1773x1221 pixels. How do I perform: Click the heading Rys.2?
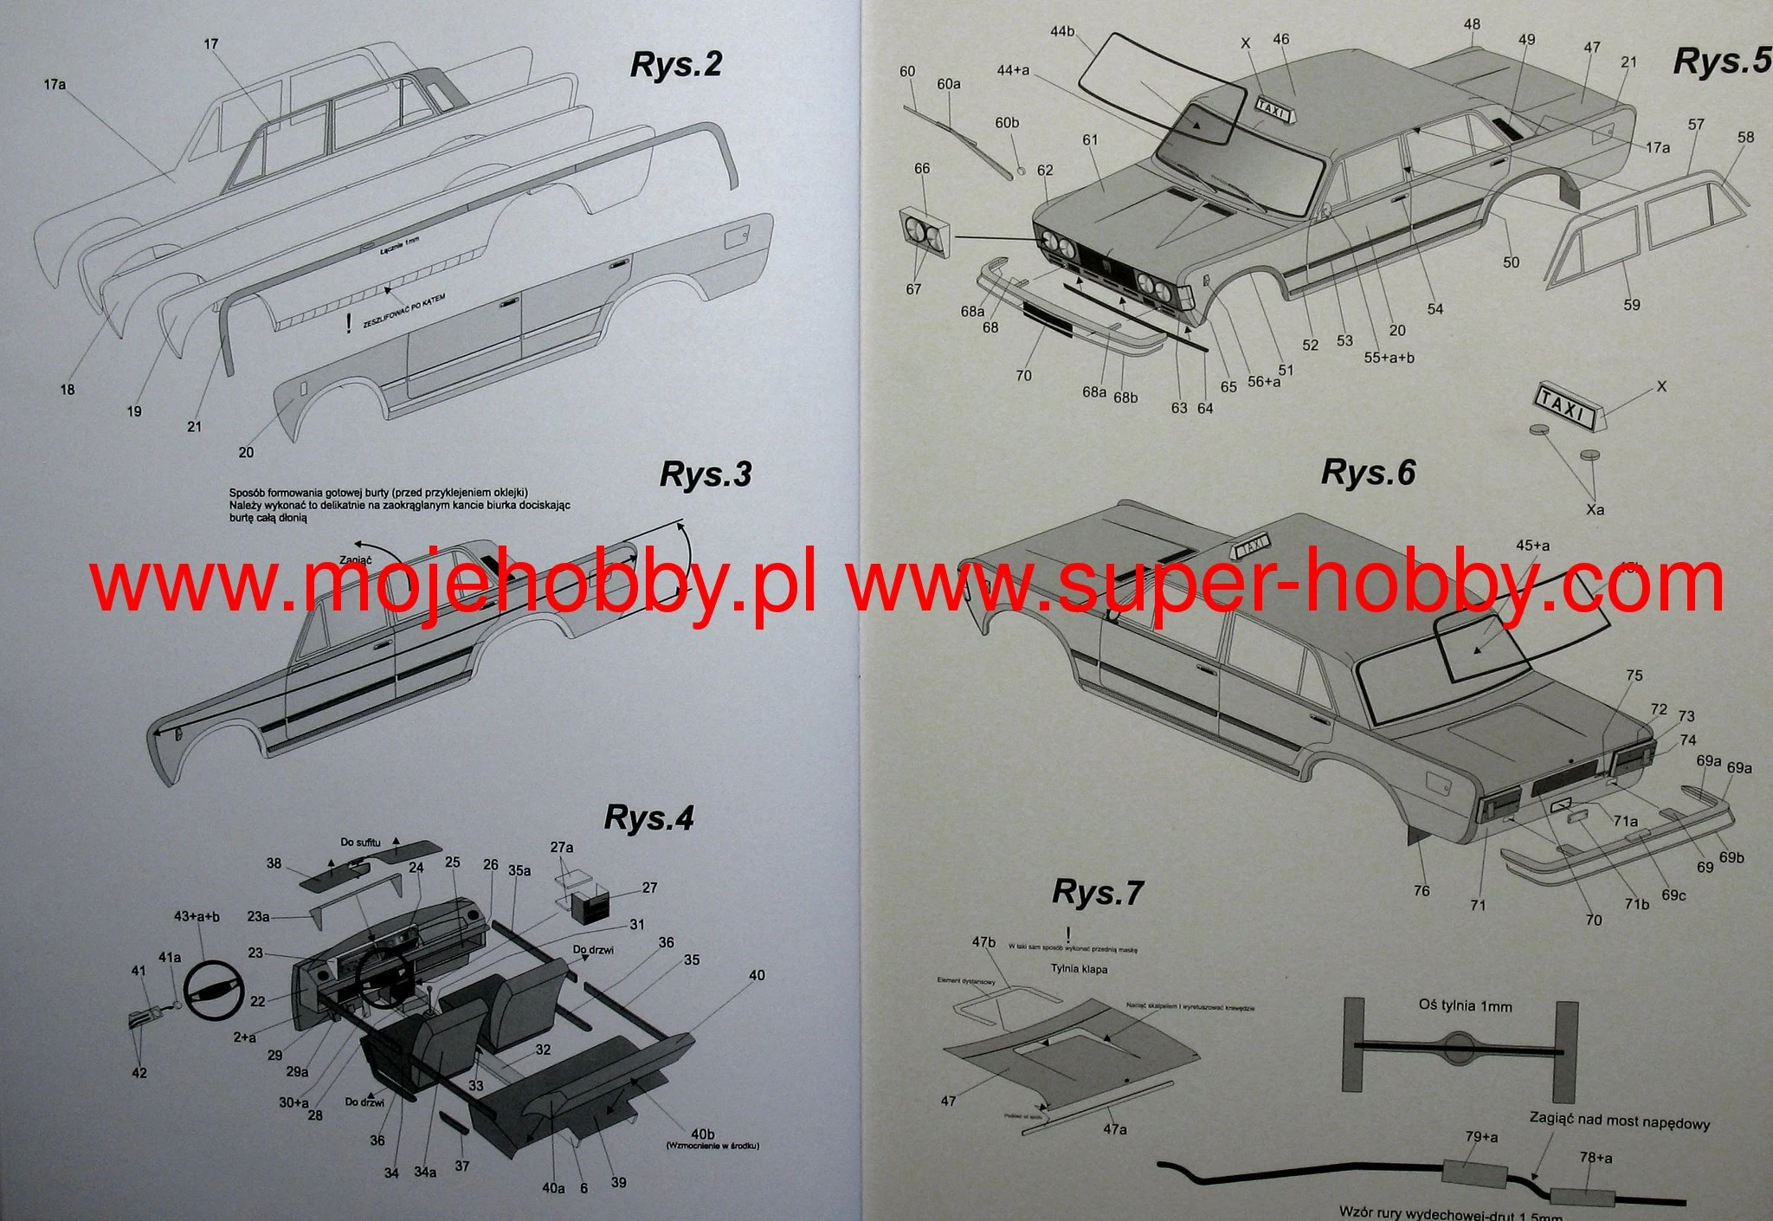point(675,65)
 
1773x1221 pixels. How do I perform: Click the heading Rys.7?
point(1097,892)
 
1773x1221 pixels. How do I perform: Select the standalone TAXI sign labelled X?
point(1566,407)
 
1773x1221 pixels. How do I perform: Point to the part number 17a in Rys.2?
point(55,84)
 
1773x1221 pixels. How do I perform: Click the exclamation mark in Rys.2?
point(348,324)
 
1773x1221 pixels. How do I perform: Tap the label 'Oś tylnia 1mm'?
point(1465,1005)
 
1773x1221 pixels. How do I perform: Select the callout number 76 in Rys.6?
point(1421,890)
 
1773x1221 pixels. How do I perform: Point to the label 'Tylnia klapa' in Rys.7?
point(1079,969)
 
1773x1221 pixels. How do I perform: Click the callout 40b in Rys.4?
point(702,1134)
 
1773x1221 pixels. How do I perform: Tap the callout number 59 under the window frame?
point(1631,305)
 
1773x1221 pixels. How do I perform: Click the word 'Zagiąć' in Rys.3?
point(356,559)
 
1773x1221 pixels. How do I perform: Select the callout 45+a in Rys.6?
point(1532,546)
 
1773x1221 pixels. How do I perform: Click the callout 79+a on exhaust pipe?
point(1481,1136)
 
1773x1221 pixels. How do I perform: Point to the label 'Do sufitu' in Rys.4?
point(360,842)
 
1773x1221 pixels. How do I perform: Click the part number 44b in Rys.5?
point(1062,31)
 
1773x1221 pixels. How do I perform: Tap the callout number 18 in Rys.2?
point(68,390)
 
